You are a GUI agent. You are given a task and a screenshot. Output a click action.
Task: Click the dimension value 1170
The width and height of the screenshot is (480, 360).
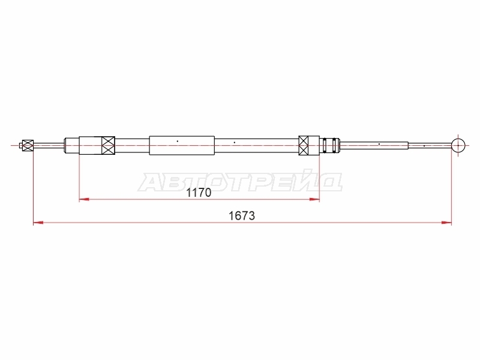coord(199,193)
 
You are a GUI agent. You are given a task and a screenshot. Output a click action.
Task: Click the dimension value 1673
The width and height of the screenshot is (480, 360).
coord(242,216)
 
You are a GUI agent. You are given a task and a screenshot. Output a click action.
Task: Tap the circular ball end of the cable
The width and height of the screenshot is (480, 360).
coord(458,145)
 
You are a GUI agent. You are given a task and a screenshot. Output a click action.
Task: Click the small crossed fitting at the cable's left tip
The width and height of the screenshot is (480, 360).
coord(28,145)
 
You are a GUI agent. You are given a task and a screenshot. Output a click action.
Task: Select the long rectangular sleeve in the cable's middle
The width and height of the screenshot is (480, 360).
coord(182,145)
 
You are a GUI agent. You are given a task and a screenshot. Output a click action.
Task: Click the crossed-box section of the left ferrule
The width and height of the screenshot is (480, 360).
coord(109,145)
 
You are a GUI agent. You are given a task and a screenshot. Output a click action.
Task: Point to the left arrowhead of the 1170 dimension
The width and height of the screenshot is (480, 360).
coord(84,200)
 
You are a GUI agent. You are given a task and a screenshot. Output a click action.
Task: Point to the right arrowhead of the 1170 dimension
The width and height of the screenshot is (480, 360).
coord(314,200)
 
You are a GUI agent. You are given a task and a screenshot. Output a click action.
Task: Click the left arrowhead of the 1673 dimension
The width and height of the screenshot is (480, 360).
coord(38,223)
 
